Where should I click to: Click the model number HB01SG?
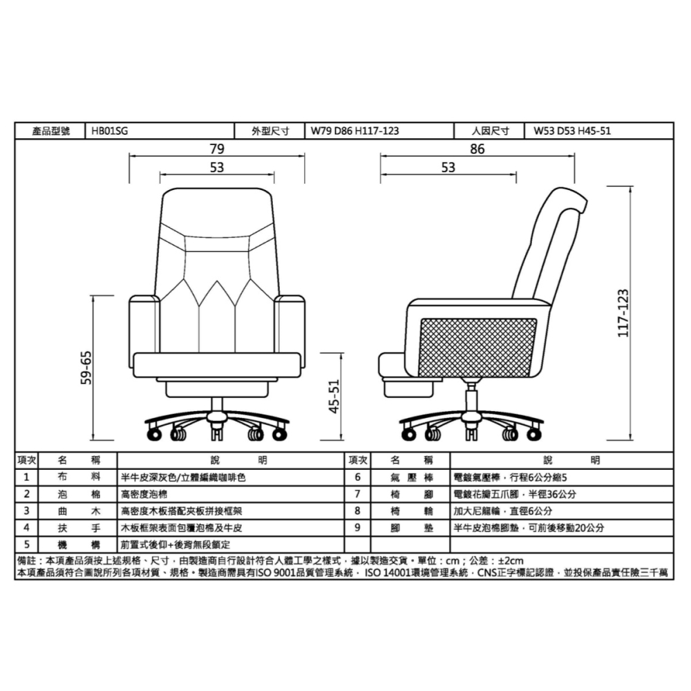click(110, 130)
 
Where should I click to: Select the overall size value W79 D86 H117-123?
click(354, 130)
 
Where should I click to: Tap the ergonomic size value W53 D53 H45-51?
click(572, 130)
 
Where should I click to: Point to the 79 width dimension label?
click(217, 149)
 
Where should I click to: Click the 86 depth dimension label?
click(477, 149)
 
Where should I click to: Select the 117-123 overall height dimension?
click(623, 312)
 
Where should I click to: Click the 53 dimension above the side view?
click(448, 167)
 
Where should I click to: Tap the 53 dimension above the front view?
click(217, 167)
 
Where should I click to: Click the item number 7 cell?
click(357, 494)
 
